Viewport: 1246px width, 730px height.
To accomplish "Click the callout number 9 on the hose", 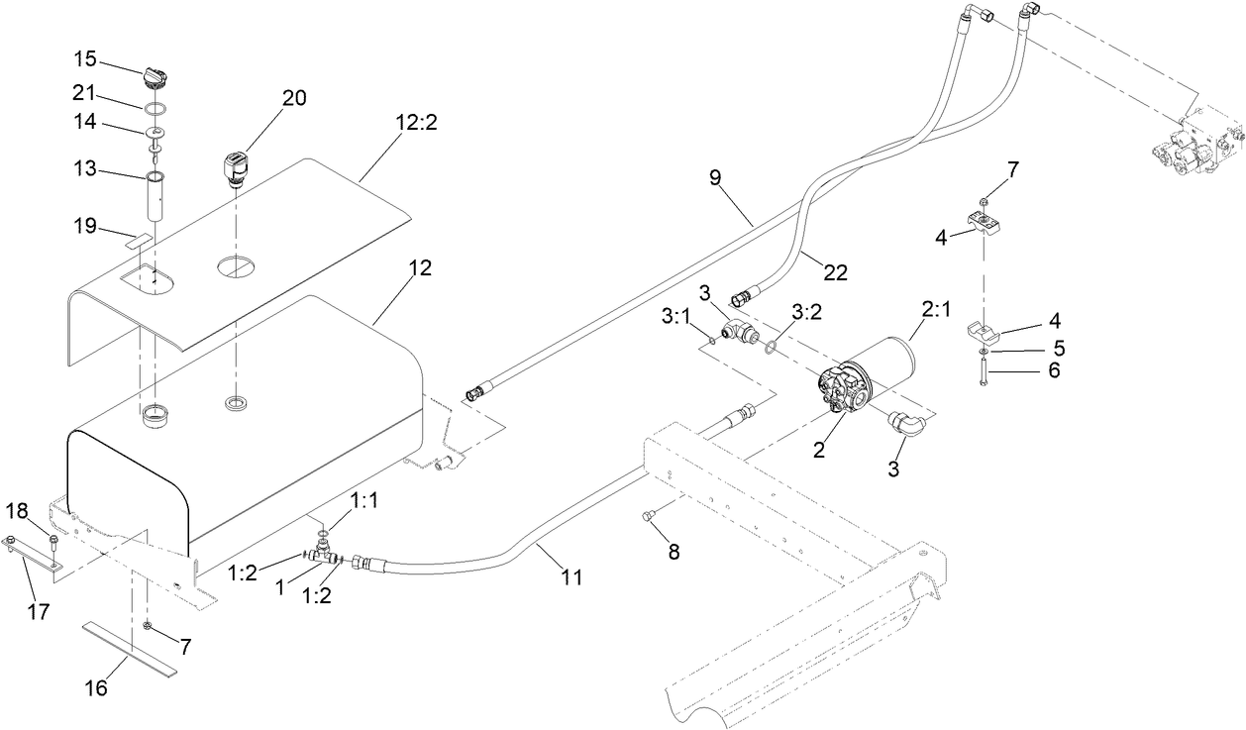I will point(743,179).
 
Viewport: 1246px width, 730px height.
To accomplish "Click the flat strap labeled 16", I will point(130,649).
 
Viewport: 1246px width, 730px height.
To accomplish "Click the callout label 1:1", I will point(365,501).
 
